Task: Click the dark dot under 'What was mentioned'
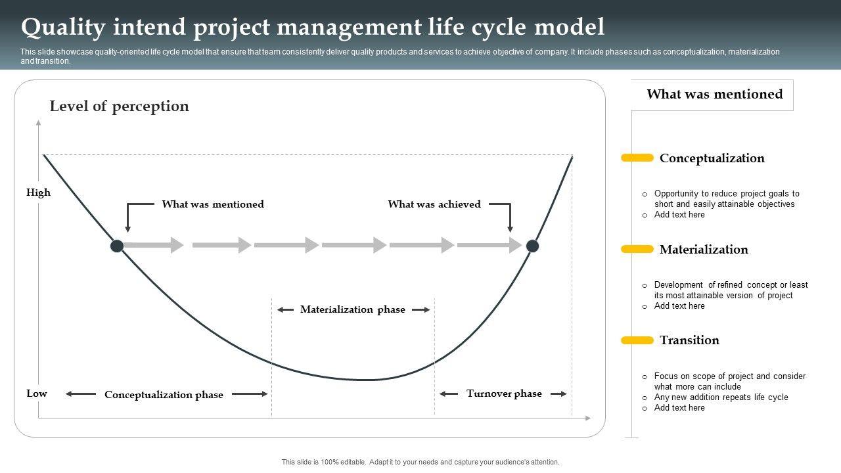coord(117,246)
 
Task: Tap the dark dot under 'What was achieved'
coord(532,246)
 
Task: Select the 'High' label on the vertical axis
coord(38,192)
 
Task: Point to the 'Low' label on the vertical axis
coord(37,394)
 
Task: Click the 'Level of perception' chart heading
coord(120,106)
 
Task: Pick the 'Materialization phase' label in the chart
coord(353,309)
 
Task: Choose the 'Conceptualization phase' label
coord(164,395)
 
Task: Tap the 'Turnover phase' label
coord(504,394)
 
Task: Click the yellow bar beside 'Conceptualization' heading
coord(637,158)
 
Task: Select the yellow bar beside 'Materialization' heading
coord(637,249)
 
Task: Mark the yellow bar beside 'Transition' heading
coord(637,340)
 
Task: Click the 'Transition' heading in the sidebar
coord(690,340)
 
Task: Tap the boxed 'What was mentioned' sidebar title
coord(715,94)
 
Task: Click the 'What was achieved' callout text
coord(434,204)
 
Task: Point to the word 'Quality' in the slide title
coord(63,28)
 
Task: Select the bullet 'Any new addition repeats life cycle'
coord(721,397)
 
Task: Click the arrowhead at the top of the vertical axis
coord(38,122)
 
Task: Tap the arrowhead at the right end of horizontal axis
coord(588,418)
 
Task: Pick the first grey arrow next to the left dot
coord(154,245)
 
